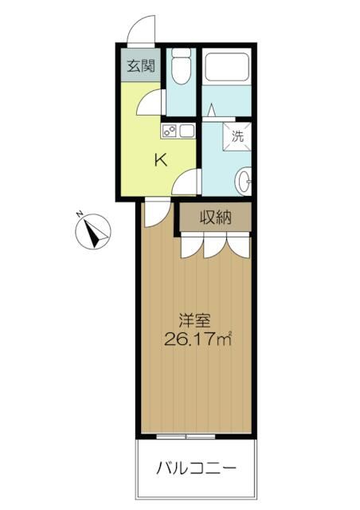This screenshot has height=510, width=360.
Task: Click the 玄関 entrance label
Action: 140,65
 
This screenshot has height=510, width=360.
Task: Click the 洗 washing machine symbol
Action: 238,135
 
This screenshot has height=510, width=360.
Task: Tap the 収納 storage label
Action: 215,217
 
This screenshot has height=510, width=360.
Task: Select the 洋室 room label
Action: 194,322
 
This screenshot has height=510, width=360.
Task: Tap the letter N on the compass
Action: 80,214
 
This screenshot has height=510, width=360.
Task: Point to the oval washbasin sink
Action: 245,178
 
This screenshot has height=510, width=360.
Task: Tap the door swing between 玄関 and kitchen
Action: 148,103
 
